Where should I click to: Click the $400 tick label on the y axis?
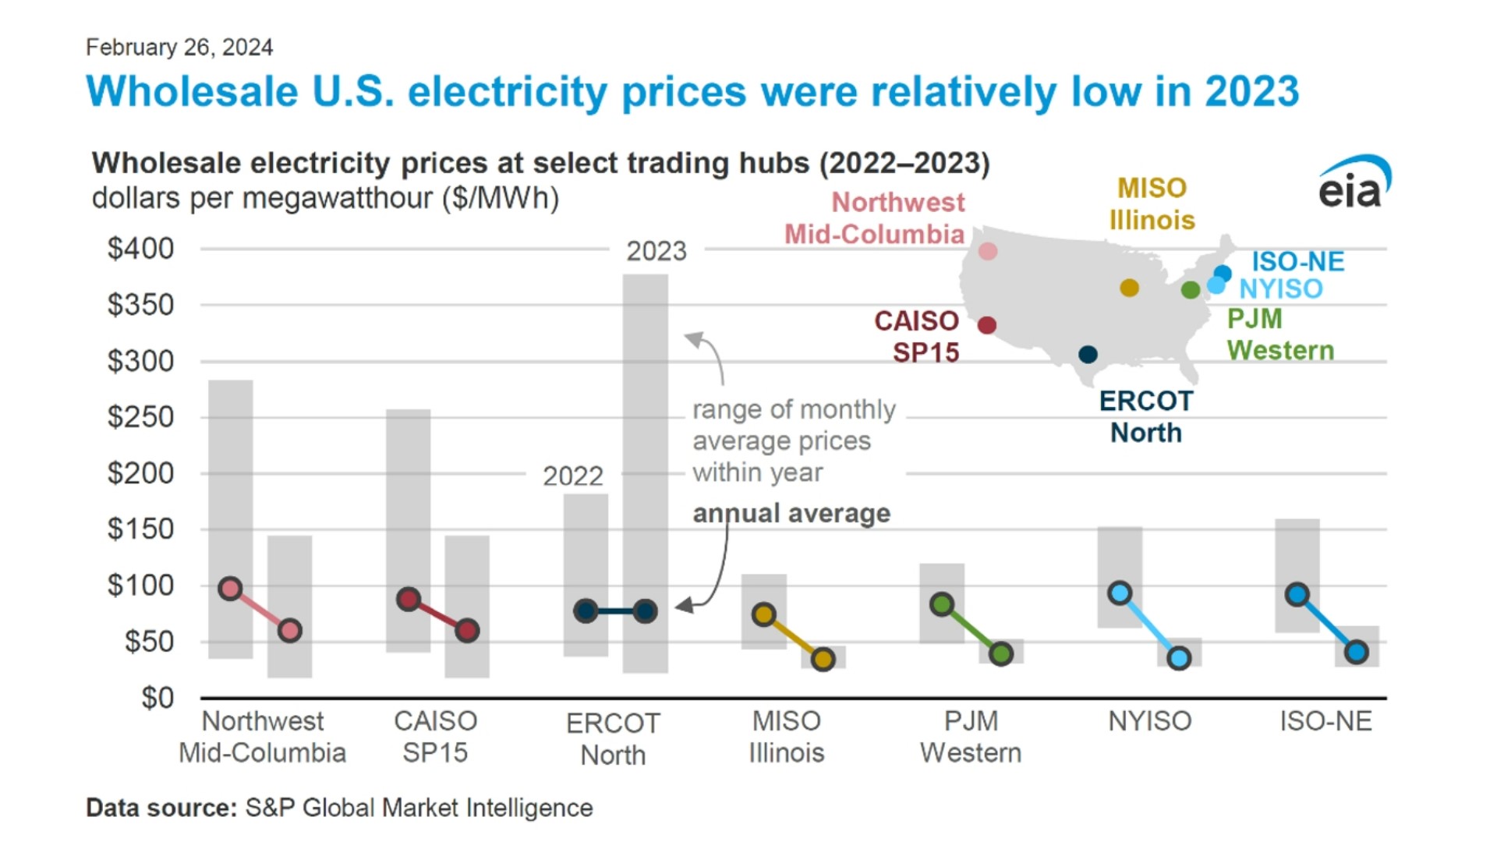click(x=140, y=249)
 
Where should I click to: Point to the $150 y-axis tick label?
click(x=140, y=529)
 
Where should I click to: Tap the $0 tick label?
click(x=157, y=698)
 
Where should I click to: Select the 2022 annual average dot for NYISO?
click(x=1120, y=593)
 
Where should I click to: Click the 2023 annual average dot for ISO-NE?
click(x=1357, y=653)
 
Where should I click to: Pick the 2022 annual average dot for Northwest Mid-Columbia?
click(x=230, y=589)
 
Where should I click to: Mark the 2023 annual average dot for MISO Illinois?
click(x=823, y=660)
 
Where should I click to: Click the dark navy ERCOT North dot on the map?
click(x=1088, y=355)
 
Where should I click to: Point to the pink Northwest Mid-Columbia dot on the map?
click(x=988, y=251)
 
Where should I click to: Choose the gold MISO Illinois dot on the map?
click(x=1129, y=288)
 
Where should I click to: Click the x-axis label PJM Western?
click(x=971, y=737)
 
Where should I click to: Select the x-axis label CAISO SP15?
click(x=435, y=737)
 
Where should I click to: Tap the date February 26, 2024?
click(x=179, y=48)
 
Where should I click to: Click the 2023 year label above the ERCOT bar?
click(x=656, y=251)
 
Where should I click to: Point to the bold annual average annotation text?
click(x=791, y=514)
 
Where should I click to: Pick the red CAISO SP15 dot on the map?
click(x=987, y=325)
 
